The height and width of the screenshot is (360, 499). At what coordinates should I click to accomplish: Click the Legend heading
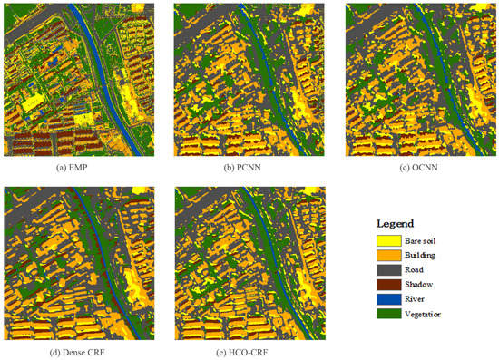click(395, 223)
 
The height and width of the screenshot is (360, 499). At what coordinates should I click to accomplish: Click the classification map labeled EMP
click(79, 80)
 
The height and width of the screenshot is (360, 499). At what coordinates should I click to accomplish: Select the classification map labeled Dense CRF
click(79, 263)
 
